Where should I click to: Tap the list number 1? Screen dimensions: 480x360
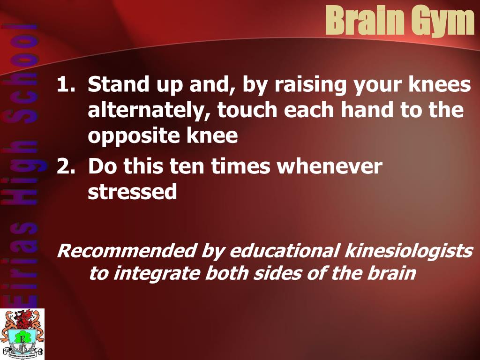(66, 84)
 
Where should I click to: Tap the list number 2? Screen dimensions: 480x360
(66, 166)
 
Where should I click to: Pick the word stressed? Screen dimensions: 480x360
(133, 192)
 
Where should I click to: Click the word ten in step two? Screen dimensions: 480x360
(187, 166)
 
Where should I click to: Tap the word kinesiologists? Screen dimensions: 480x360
(409, 251)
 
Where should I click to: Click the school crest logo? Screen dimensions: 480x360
(22, 334)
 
